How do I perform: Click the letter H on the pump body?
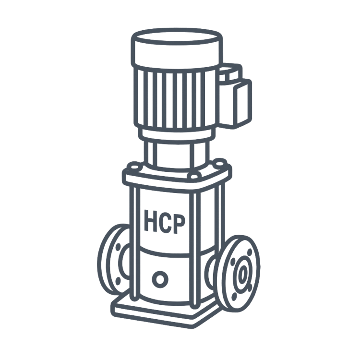tap(150, 220)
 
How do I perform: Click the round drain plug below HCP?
tap(160, 279)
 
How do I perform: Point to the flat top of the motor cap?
tap(176, 37)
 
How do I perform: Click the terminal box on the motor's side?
tap(235, 96)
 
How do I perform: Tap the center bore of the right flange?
tap(242, 274)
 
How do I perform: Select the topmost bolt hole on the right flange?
tap(249, 253)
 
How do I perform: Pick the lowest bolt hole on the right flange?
tap(234, 297)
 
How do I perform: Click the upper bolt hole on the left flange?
tap(118, 247)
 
